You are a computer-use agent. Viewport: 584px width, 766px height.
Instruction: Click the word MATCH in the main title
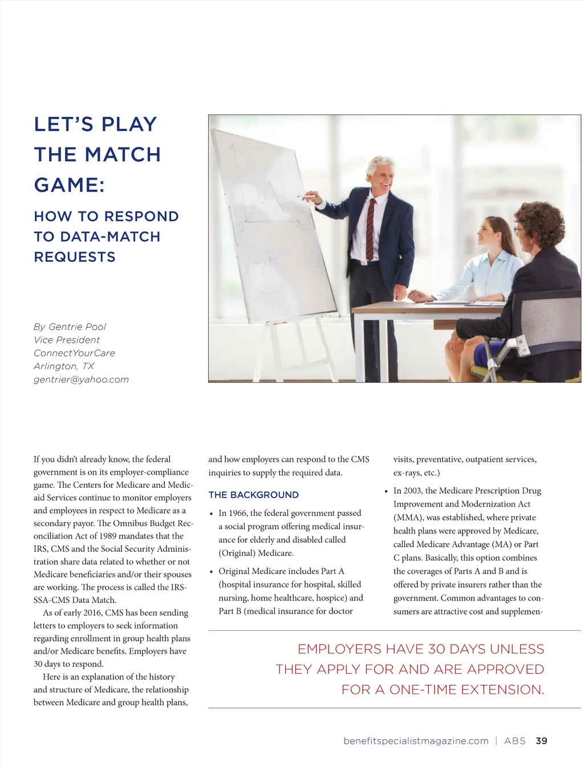(x=123, y=154)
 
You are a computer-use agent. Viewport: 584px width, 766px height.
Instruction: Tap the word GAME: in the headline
(x=69, y=185)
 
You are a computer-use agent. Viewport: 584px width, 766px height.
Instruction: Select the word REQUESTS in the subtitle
(x=75, y=257)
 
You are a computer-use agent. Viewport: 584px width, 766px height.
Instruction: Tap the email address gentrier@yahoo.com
(x=81, y=380)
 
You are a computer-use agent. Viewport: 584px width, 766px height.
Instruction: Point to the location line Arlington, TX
(x=64, y=366)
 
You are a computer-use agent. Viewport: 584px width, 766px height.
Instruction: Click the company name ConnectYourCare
(x=74, y=353)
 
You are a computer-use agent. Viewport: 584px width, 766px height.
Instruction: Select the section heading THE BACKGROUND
(x=253, y=495)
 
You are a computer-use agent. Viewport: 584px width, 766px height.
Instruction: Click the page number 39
(x=541, y=741)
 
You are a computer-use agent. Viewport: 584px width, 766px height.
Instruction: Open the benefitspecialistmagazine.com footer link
(x=416, y=741)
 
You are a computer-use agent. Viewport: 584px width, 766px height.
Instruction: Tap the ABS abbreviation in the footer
(x=515, y=741)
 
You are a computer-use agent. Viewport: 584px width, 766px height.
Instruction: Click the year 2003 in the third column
(x=413, y=491)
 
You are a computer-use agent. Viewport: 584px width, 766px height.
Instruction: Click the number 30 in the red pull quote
(x=437, y=649)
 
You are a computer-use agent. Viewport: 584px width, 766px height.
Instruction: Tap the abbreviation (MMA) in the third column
(x=407, y=518)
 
